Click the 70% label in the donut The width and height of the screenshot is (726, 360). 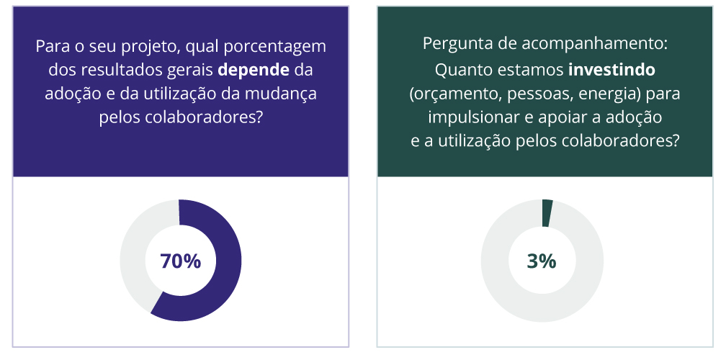pos(180,261)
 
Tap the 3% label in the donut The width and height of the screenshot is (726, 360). pos(542,261)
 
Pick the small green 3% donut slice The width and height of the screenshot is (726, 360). pos(547,213)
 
